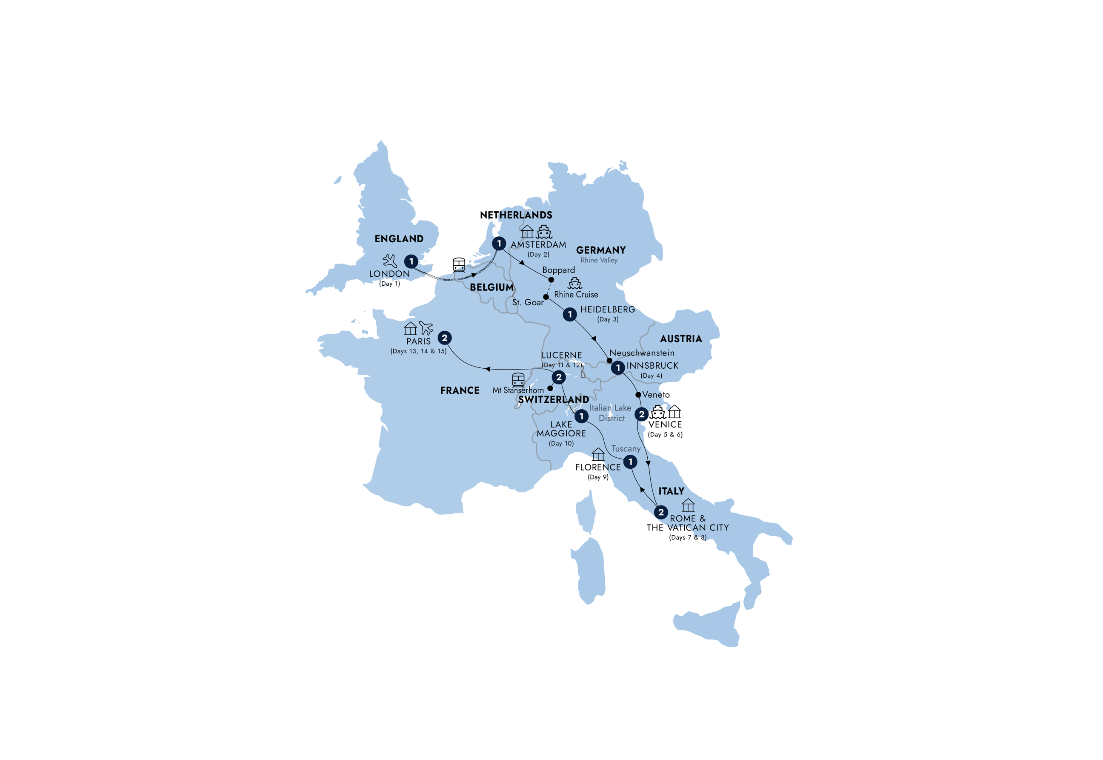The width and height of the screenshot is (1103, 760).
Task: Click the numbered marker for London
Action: tap(411, 261)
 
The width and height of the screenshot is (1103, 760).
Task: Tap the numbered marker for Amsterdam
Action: tap(499, 244)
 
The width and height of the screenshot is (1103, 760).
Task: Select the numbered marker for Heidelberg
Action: tap(569, 314)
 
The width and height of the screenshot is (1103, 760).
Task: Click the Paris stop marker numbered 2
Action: tap(444, 338)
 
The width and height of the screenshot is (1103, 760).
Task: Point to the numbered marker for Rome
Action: tap(660, 512)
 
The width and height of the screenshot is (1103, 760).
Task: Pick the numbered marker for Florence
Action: tap(630, 462)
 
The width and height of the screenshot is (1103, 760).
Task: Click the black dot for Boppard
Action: tap(551, 280)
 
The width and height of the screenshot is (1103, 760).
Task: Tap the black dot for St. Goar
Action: tap(546, 297)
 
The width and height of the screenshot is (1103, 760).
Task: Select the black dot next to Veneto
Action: tap(638, 395)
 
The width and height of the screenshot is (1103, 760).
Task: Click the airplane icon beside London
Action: tap(390, 261)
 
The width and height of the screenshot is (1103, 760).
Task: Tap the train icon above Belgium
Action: tap(459, 264)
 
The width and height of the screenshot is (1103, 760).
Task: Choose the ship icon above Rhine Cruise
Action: tap(575, 283)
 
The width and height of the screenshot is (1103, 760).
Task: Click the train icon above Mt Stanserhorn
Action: tap(518, 379)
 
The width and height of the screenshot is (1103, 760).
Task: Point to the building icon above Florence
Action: tap(598, 454)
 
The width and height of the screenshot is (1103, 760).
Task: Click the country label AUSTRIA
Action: tap(681, 339)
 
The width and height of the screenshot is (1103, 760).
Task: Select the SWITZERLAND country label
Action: tap(553, 400)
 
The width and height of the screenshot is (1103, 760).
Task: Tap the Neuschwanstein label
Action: tap(641, 353)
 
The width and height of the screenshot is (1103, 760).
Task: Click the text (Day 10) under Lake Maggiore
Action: tap(561, 443)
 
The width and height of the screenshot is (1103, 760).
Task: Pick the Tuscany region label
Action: tap(626, 449)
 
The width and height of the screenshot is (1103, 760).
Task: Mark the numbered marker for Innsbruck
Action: tap(617, 367)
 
